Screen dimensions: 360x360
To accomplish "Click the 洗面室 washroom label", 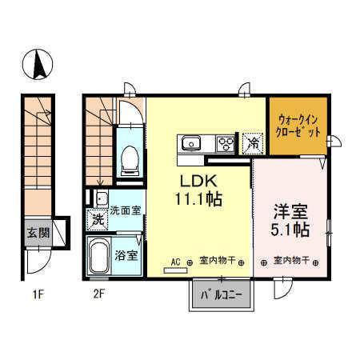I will point(125,211).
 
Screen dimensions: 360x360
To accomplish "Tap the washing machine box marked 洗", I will point(97,218).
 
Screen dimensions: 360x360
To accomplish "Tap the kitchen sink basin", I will point(192,144).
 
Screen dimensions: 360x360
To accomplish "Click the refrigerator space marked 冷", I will point(253,144).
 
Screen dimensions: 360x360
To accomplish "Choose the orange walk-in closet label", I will point(298,124).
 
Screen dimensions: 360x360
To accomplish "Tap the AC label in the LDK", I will point(177,261).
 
